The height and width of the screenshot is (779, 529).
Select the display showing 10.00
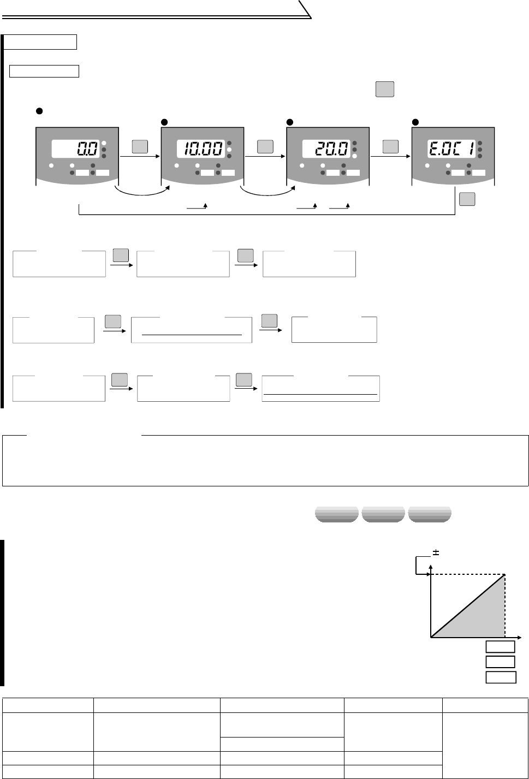coord(200,148)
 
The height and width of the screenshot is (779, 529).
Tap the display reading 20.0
coord(325,148)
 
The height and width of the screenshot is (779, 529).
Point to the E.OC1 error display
coord(451,148)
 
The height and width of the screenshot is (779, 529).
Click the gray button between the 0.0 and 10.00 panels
coord(140,146)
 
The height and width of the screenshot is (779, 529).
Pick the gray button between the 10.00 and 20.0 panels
coord(265,146)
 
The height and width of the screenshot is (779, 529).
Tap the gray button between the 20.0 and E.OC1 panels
coord(391,146)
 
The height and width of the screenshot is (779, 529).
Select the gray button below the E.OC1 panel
coord(467,199)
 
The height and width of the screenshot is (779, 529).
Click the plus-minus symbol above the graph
coord(436,552)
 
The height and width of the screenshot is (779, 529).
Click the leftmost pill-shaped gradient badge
coord(337,515)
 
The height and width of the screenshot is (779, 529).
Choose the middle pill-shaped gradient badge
coord(383,515)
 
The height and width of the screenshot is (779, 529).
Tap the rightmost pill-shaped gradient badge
coord(430,515)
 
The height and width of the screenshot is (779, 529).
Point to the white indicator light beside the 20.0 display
coord(355,156)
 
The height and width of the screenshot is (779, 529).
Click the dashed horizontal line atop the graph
coord(468,574)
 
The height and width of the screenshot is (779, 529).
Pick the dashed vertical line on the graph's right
coord(504,606)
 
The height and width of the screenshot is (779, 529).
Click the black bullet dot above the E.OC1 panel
coord(415,121)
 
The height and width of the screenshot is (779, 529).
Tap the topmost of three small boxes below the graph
coord(501,647)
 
